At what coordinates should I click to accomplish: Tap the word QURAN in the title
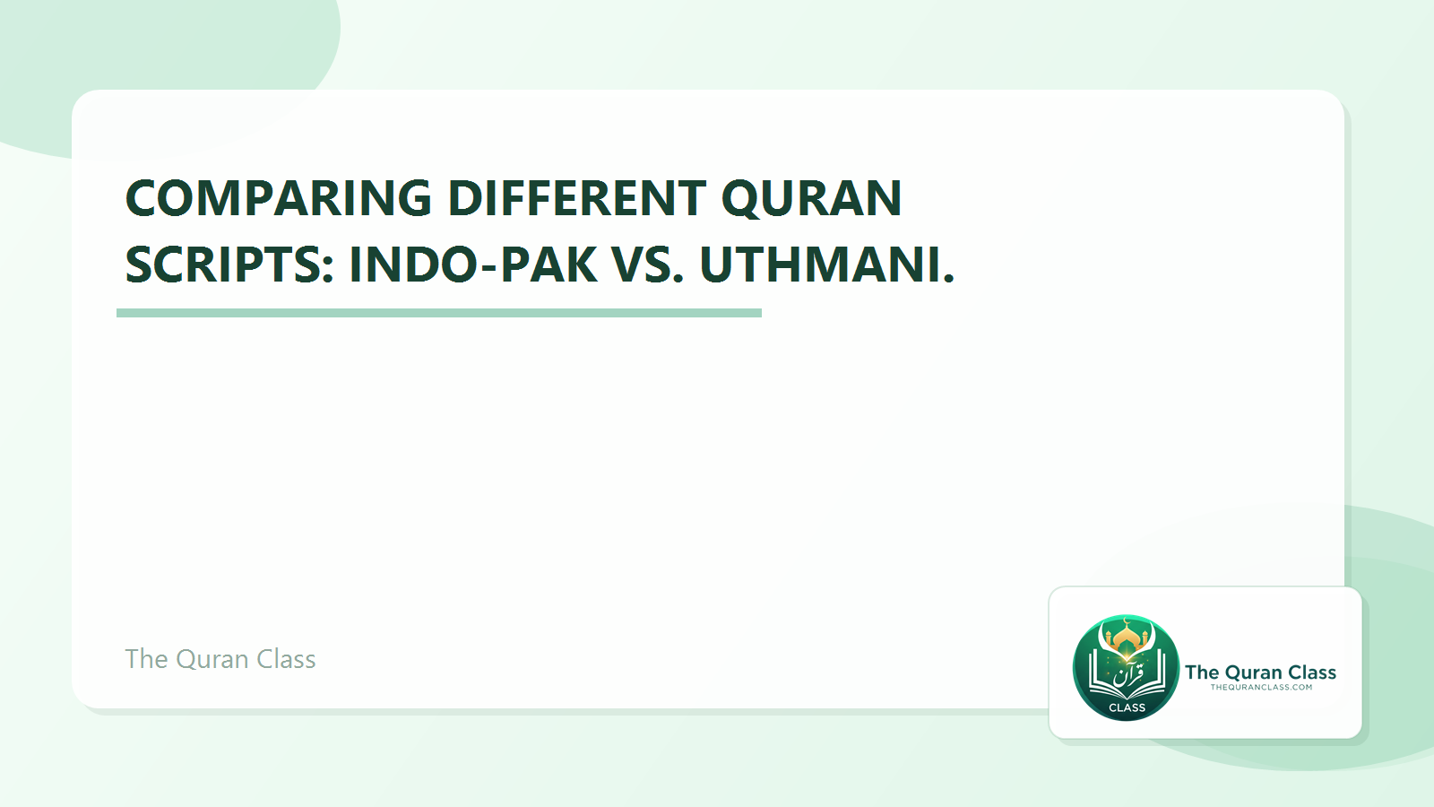[811, 198]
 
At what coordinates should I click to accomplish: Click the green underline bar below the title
[439, 313]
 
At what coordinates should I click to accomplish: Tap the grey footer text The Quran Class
[220, 659]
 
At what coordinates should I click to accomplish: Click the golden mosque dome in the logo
[1127, 638]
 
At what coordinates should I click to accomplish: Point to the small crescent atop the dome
[1127, 621]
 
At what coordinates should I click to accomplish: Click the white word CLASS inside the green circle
[1127, 707]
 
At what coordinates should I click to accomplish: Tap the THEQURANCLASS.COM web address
[1261, 688]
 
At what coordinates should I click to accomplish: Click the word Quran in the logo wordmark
[1253, 672]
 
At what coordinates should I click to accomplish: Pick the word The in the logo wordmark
[1202, 672]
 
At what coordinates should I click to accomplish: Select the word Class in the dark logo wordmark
[1312, 672]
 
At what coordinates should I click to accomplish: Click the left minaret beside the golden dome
[1109, 639]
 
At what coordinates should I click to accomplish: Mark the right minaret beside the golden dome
[1145, 639]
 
